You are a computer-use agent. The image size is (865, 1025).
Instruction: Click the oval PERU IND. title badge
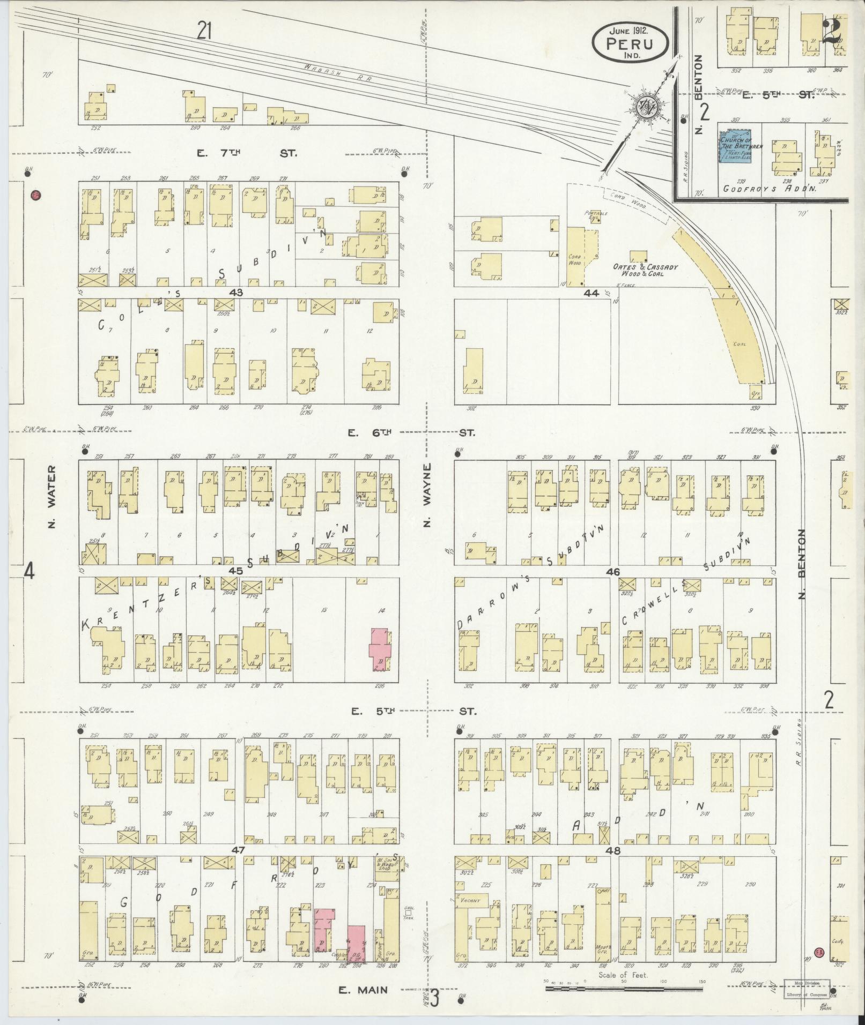tap(630, 42)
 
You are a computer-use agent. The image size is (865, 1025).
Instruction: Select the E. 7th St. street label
tap(246, 154)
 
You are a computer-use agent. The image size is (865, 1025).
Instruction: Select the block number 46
tap(613, 572)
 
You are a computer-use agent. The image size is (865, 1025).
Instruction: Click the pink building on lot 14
tap(380, 649)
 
